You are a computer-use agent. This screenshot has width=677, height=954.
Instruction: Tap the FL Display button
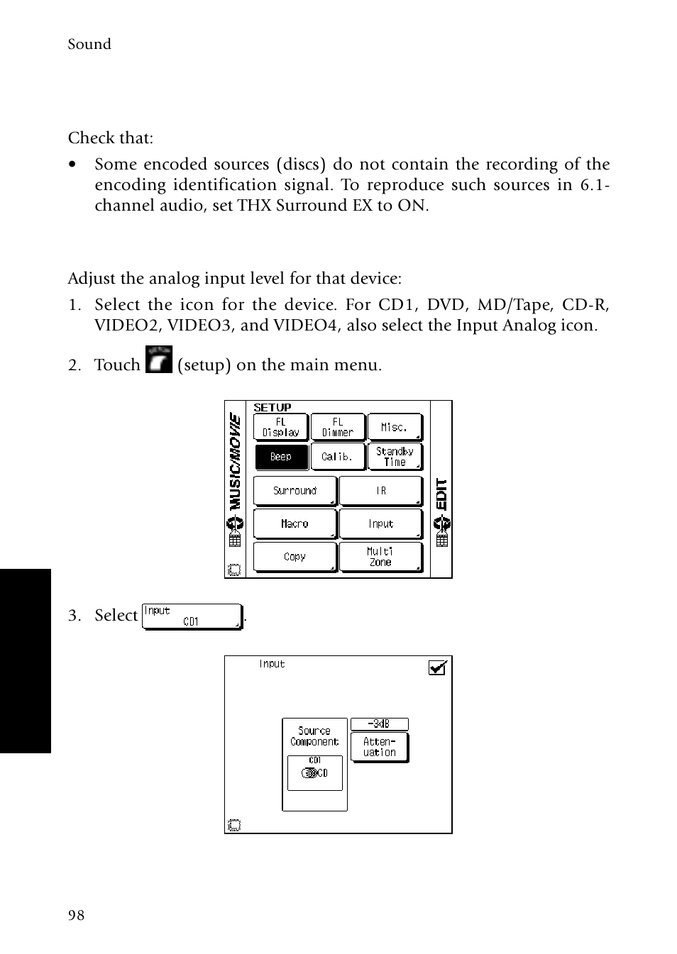280,427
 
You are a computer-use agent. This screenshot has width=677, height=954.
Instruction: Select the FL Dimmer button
338,427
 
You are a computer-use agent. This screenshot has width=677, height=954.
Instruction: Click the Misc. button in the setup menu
395,427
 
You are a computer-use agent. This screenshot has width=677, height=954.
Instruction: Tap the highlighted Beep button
280,457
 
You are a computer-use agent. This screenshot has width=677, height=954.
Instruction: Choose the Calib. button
338,457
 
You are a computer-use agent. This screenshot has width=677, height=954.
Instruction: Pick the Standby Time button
395,457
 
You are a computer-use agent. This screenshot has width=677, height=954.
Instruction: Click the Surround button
295,491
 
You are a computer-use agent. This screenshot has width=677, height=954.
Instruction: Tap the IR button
381,491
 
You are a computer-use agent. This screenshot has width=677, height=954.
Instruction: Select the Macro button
295,524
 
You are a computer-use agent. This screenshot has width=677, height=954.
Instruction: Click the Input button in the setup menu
381,524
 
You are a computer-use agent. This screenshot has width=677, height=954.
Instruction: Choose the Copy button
295,557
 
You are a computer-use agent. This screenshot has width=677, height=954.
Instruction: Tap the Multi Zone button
381,557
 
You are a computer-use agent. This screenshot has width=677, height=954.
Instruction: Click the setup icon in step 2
158,360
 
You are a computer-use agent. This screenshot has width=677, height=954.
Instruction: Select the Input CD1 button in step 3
192,616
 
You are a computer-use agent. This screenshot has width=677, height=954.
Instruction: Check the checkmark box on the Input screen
438,667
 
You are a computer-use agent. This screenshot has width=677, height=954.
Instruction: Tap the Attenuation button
380,747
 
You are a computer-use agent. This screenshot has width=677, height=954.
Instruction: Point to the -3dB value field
380,724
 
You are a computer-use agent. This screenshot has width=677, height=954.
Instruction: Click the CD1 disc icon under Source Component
314,772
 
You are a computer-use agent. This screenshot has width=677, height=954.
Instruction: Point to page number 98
76,916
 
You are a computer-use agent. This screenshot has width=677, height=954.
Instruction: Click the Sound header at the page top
89,44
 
